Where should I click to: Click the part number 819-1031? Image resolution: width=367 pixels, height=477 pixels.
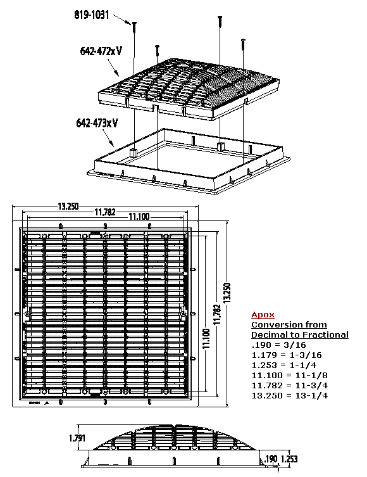point(92,15)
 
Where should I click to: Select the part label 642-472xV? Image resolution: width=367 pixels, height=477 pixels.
point(101,51)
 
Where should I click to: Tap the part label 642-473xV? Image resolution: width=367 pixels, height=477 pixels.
point(97,123)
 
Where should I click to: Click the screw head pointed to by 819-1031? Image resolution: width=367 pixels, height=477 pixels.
point(134,23)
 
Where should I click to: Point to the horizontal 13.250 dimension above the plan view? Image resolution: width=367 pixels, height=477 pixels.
point(68,207)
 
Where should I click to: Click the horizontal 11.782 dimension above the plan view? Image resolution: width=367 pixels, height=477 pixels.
point(105,212)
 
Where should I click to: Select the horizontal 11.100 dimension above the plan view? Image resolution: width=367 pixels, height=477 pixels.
point(139,217)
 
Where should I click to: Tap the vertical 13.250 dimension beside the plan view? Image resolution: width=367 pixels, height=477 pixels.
point(227,293)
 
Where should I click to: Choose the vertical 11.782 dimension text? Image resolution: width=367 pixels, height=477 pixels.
point(217,314)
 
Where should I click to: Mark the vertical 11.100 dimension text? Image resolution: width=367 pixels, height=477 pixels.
point(206,338)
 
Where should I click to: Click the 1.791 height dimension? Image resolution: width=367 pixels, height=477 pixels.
point(77,438)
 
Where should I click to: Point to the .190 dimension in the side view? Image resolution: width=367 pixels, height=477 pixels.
point(271,459)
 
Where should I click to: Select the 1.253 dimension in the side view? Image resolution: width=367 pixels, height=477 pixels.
point(289,459)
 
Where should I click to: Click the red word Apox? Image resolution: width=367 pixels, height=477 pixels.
point(263,315)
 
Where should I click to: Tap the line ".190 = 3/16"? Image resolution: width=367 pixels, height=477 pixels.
point(279,345)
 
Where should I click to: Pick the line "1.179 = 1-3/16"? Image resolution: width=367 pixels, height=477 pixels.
point(287,355)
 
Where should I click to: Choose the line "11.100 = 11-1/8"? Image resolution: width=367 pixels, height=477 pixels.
point(290,376)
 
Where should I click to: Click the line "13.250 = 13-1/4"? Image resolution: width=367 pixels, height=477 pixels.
point(290,395)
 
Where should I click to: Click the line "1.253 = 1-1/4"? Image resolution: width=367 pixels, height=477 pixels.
point(284,365)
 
